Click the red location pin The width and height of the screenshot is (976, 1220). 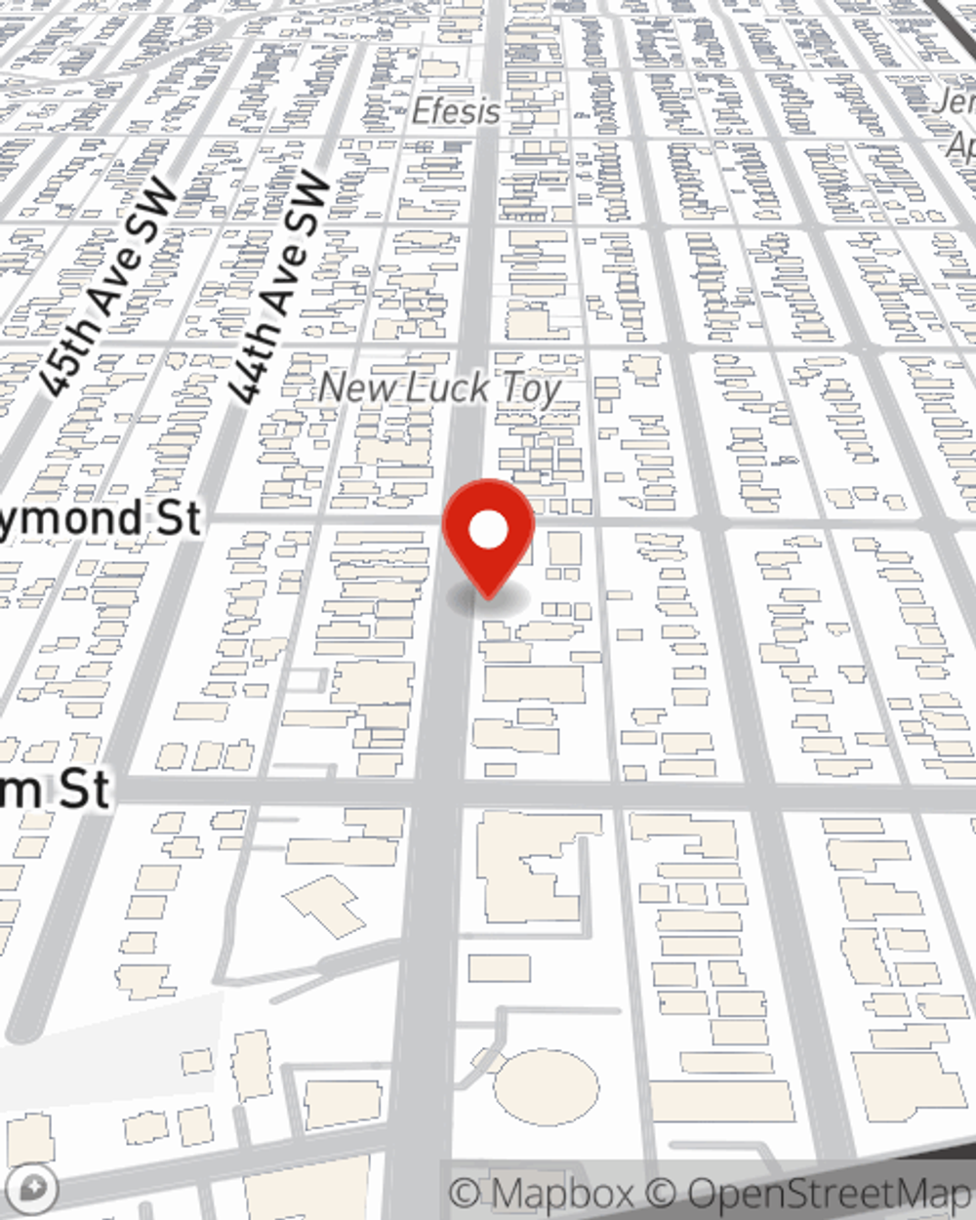(488, 532)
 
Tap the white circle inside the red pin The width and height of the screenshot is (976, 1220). (488, 531)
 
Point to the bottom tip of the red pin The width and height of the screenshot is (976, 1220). (488, 595)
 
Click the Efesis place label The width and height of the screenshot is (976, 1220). (456, 111)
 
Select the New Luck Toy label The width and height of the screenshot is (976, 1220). (440, 388)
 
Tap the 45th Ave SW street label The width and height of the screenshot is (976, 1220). (110, 289)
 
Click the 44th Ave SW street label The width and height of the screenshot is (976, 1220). (276, 288)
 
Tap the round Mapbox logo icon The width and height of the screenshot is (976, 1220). (33, 1188)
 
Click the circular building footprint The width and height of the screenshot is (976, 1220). (546, 1085)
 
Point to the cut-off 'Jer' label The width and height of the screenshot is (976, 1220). (956, 102)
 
